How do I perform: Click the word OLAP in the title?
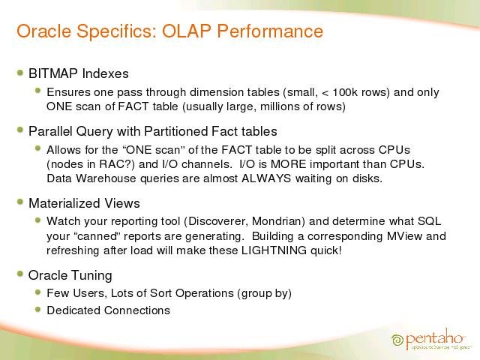187,31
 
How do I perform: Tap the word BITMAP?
53,73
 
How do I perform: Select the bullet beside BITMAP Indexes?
20,73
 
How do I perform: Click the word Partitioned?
175,131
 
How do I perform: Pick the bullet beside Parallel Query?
20,130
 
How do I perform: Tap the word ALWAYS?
266,178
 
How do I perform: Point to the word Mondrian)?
278,221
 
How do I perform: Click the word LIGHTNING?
274,250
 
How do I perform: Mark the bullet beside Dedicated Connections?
38,309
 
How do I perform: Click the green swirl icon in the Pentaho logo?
397,340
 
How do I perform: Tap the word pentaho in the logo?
434,337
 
